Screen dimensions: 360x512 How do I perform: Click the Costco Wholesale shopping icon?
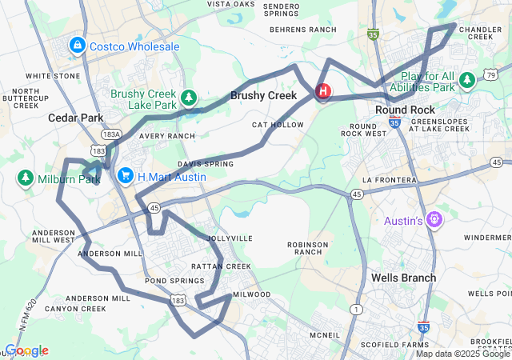[x=78, y=46]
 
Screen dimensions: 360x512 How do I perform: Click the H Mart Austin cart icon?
[x=125, y=174]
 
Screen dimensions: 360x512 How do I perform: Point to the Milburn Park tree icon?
[x=25, y=177]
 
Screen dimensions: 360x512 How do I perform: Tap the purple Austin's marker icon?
[x=434, y=218]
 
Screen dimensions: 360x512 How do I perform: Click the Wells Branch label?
[x=404, y=278]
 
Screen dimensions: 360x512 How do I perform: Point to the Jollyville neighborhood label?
[x=230, y=238]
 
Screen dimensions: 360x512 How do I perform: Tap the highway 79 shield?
[x=490, y=76]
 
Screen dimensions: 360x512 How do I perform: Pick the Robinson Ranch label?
[x=308, y=247]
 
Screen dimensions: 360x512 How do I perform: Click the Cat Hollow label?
[x=278, y=125]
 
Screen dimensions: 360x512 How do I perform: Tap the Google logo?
[x=26, y=350]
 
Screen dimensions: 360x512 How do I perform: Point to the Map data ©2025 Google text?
[x=462, y=354]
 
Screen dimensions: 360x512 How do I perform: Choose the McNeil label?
[x=325, y=335]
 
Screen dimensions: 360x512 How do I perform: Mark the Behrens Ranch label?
[x=303, y=29]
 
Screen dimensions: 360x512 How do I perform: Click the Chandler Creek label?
[x=481, y=34]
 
